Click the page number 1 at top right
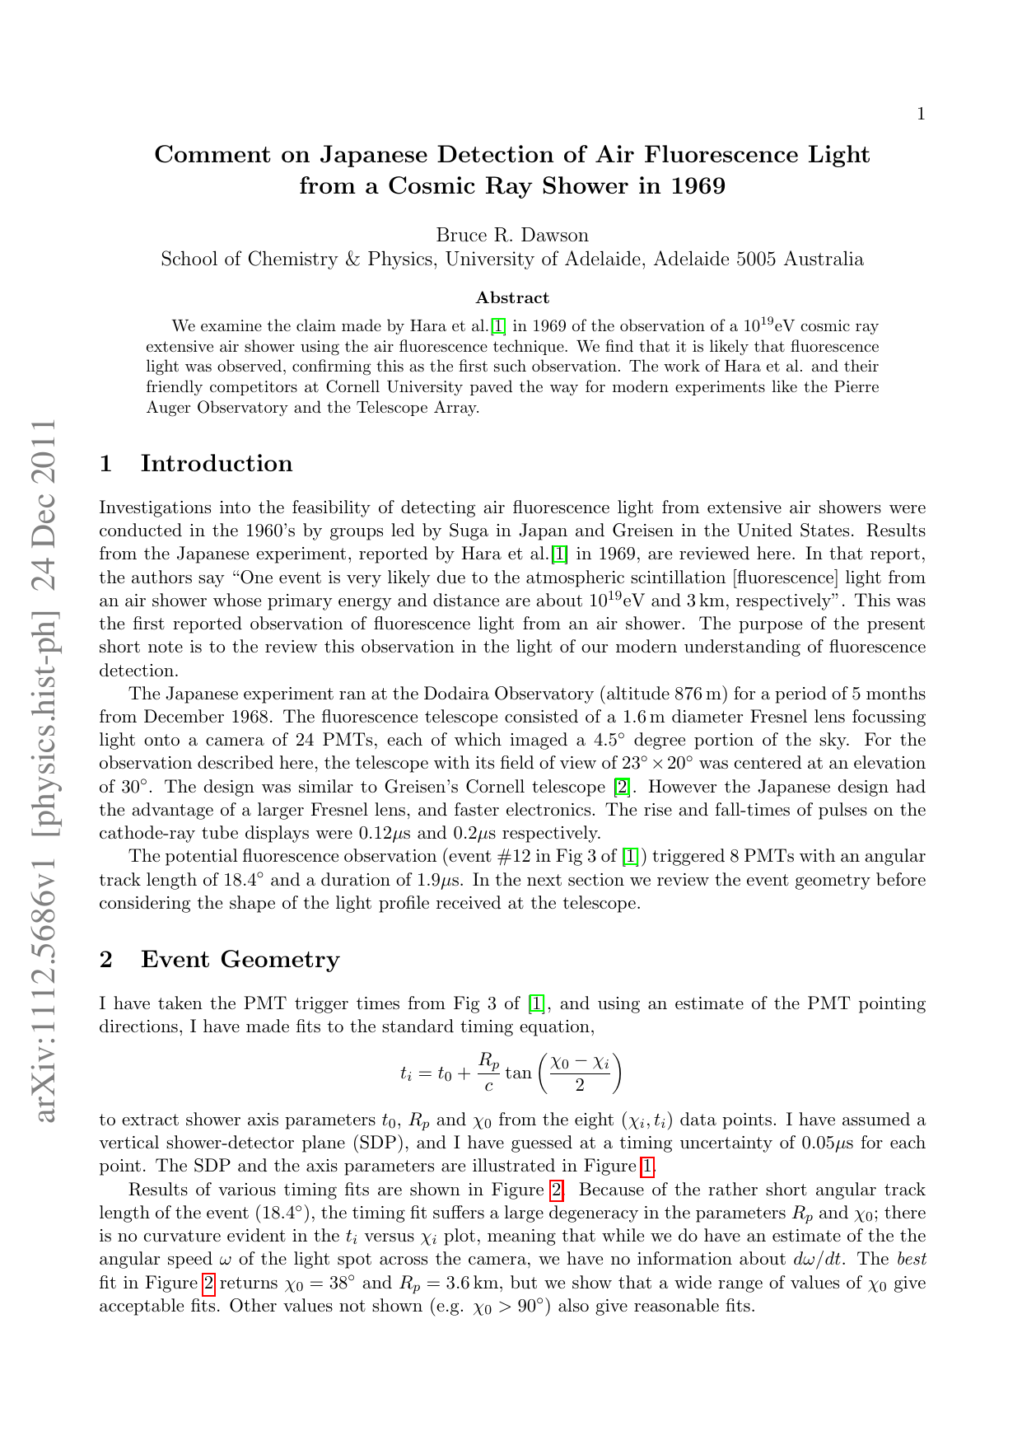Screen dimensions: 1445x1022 (x=921, y=114)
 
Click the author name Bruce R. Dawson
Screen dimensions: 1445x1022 (x=512, y=236)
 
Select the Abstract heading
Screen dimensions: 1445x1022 (x=512, y=297)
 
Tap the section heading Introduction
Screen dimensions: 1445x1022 (x=217, y=464)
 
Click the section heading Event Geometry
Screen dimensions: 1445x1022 (x=240, y=960)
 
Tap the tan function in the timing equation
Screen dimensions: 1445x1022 (x=518, y=1073)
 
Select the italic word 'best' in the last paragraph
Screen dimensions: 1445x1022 (x=910, y=1259)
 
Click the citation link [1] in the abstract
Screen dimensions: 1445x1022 (x=498, y=326)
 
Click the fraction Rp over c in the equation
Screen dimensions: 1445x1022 (x=488, y=1072)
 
